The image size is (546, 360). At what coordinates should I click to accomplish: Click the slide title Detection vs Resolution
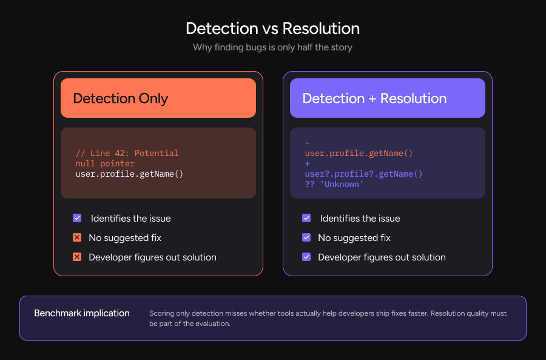point(272,29)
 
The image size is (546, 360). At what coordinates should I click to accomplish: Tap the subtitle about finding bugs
point(272,47)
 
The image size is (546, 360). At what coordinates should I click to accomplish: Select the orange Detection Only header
point(158,98)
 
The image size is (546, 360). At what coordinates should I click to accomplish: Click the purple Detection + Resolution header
point(387,98)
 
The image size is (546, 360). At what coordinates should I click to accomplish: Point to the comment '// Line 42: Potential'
point(127,153)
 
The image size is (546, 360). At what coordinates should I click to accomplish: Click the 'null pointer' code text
point(105,163)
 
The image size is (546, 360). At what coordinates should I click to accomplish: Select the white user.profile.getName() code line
point(129,174)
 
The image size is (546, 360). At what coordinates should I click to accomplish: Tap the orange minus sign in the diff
point(308,143)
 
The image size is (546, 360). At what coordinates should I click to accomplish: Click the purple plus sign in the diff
point(308,164)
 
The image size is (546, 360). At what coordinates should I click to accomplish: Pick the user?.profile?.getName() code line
point(363,174)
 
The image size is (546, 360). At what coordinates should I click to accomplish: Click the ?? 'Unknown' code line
point(334,184)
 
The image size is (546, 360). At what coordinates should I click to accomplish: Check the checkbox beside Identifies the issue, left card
point(77,218)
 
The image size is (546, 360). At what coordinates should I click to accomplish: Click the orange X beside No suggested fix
point(77,237)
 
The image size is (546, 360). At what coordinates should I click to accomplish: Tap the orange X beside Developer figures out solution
point(77,257)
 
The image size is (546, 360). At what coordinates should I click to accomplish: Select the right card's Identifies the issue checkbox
point(306,218)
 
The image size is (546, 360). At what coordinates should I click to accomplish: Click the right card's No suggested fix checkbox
point(306,237)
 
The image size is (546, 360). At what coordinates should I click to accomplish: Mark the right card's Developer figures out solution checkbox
point(306,257)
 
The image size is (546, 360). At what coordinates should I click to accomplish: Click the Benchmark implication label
point(82,313)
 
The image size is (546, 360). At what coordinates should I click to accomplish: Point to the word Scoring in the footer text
point(162,313)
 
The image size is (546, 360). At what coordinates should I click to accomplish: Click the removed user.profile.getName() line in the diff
point(359,154)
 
